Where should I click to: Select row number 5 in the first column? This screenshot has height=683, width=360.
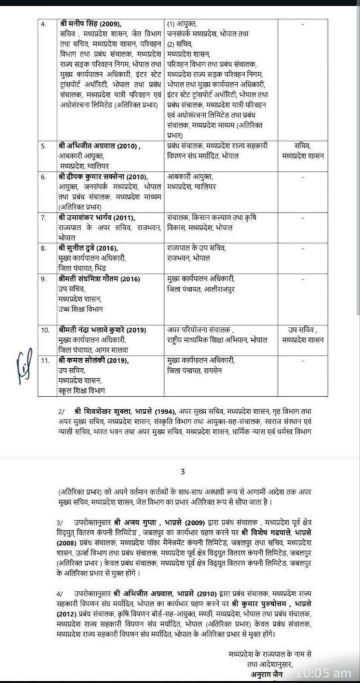(43, 143)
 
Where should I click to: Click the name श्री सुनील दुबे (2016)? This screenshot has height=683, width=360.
(79, 246)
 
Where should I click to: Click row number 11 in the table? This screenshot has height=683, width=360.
(44, 362)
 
